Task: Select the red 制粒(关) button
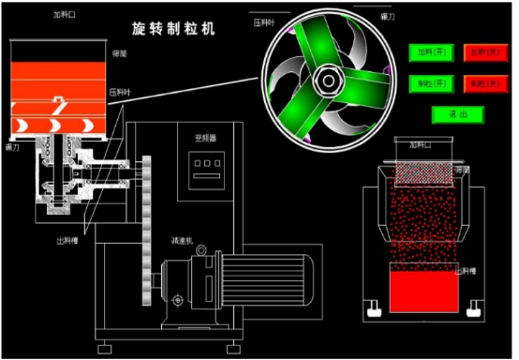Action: click(x=484, y=83)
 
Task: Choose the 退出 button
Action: click(x=457, y=113)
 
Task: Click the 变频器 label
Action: click(x=205, y=138)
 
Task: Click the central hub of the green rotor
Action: click(x=328, y=82)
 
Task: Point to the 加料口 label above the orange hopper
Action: click(x=65, y=15)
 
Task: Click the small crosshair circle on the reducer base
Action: click(x=178, y=302)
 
